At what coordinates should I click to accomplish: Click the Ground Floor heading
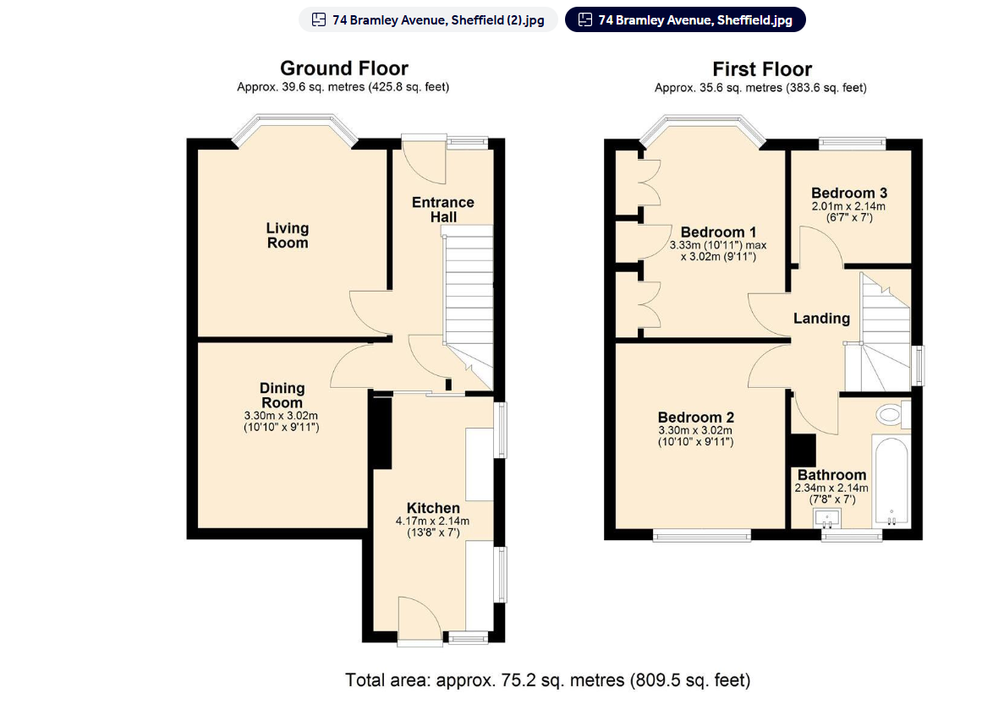[x=343, y=68]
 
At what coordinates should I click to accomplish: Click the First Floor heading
[x=761, y=69]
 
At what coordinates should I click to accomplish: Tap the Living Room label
[x=288, y=235]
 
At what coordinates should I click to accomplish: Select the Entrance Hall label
[x=442, y=210]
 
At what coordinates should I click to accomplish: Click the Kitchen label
[x=433, y=508]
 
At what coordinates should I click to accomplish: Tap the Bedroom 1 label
[x=718, y=232]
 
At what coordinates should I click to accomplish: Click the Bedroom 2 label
[x=695, y=418]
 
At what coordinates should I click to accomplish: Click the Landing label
[x=821, y=319]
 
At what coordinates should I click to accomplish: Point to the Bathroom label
[x=831, y=475]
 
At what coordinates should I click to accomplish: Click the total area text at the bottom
[x=547, y=680]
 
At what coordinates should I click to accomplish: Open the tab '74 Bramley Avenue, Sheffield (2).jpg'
[x=428, y=19]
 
